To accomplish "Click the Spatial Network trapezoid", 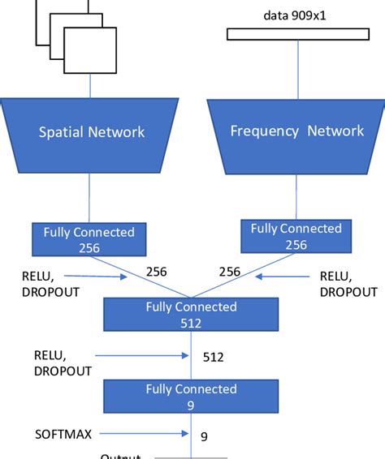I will tap(92, 131).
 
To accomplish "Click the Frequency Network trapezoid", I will tap(296, 131).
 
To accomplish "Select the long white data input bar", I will tap(297, 34).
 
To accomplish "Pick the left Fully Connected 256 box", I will tap(89, 239).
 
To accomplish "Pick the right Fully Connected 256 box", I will tap(296, 236).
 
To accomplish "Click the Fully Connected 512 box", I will tap(191, 315).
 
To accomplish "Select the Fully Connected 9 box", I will tap(191, 397).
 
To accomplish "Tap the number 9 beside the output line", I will tap(204, 436).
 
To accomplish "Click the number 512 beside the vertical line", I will tap(213, 356).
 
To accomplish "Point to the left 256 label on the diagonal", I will tap(156, 272).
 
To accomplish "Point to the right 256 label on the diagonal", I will tap(230, 272).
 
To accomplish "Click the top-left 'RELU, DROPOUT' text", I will tap(50, 284).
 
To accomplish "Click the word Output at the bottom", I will tap(122, 456).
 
